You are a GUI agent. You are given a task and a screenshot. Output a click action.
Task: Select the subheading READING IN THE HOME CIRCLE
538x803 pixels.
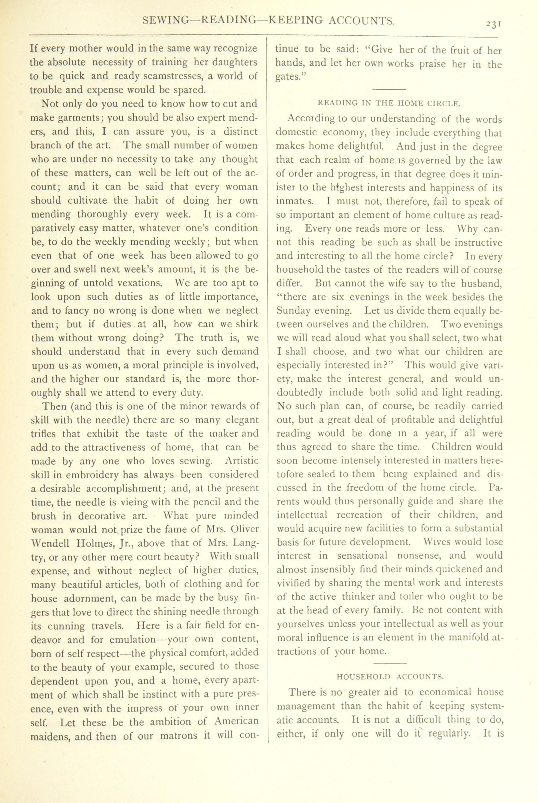click(389, 103)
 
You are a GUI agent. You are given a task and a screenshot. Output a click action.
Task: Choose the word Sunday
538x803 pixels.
click(293, 311)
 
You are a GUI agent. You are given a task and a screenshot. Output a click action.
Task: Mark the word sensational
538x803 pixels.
click(362, 556)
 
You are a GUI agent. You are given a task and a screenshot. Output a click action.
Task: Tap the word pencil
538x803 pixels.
click(203, 502)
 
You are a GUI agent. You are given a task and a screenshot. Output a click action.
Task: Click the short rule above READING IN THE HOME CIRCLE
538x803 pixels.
click(389, 90)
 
